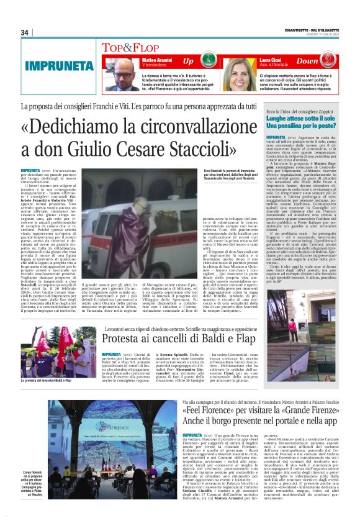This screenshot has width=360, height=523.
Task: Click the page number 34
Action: [x=25, y=32]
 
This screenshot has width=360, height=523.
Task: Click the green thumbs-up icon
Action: [x=208, y=60]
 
